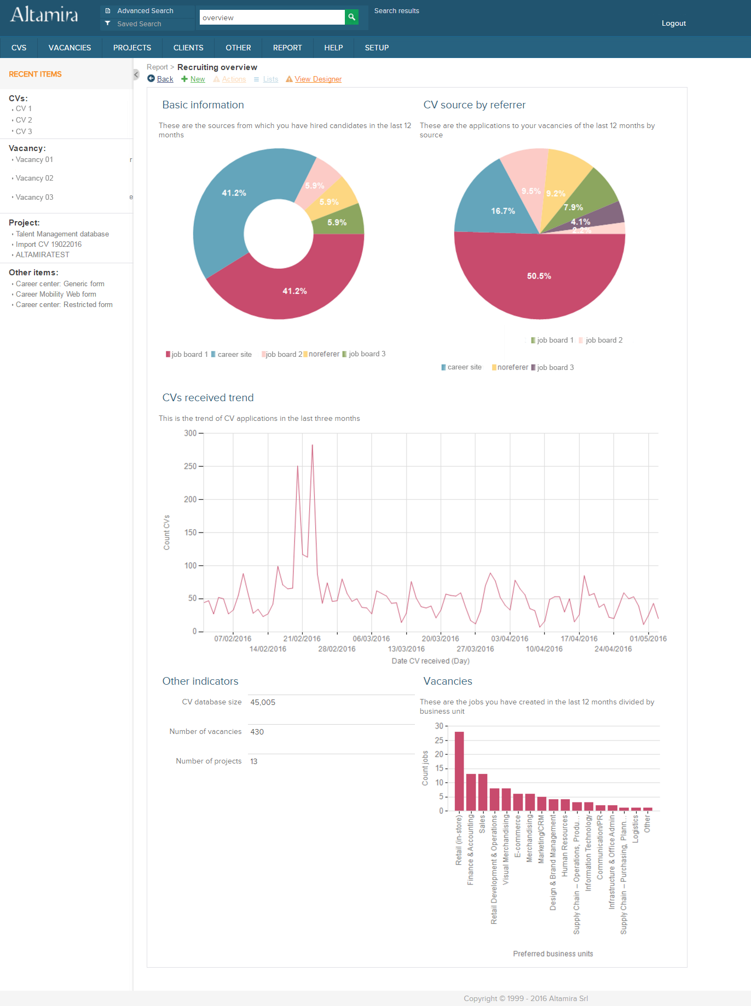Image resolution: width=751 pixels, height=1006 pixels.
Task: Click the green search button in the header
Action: [x=351, y=17]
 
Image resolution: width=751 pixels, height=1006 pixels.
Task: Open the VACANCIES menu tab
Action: [x=70, y=48]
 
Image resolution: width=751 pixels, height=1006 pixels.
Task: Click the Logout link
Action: [x=673, y=23]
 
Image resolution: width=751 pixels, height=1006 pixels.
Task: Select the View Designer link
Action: [x=318, y=79]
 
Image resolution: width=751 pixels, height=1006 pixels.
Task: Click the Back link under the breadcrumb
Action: [x=165, y=79]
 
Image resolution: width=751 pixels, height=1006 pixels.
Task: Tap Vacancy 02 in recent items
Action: [x=34, y=178]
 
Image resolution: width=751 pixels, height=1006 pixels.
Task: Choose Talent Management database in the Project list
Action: [x=62, y=234]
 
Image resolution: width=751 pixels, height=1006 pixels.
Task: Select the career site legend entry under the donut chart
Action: [x=234, y=355]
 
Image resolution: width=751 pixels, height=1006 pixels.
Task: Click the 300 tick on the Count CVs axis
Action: [x=190, y=433]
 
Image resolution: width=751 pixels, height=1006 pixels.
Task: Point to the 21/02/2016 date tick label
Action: [x=302, y=639]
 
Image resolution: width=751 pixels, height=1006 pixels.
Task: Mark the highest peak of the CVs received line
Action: [x=313, y=445]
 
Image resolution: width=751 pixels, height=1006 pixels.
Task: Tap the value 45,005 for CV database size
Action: [x=263, y=702]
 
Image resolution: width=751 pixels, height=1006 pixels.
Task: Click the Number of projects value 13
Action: [x=254, y=761]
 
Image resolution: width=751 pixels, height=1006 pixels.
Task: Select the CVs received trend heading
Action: [x=208, y=398]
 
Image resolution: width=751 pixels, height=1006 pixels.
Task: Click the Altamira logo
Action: [x=44, y=15]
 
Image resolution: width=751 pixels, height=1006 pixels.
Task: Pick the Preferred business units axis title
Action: [x=553, y=954]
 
